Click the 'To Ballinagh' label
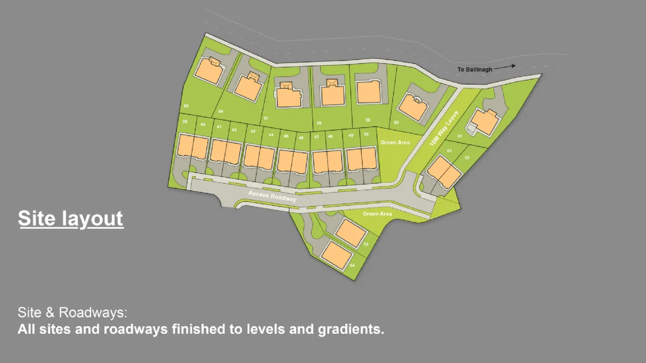(474, 69)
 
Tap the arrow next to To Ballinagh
(505, 67)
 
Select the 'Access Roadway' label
(272, 196)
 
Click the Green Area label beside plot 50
(395, 142)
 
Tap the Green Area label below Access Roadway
(378, 214)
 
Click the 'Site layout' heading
(71, 219)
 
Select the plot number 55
(186, 106)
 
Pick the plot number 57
(266, 118)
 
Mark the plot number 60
(396, 123)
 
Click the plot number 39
(185, 122)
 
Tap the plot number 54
(352, 266)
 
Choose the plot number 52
(467, 158)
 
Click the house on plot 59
(368, 92)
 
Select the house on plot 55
(209, 71)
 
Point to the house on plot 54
(337, 254)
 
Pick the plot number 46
(301, 137)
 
